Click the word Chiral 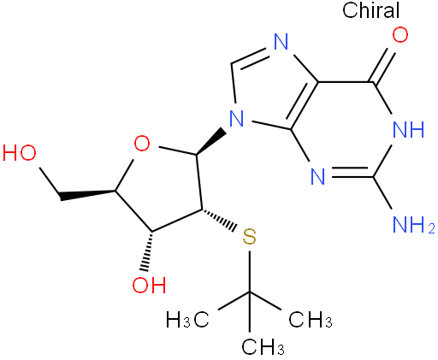point(371,10)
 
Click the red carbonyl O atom point(400,35)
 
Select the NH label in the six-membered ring point(408,129)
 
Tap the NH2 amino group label point(413,225)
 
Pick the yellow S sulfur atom point(249,237)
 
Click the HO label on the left point(20,153)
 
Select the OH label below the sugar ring point(149,285)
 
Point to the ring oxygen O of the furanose point(142,144)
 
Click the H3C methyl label point(187,320)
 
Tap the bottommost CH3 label point(263,346)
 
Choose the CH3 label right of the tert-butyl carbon point(311,320)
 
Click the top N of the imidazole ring point(281,42)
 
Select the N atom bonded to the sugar point(237,119)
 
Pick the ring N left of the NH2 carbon point(317,177)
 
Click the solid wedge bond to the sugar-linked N point(211,141)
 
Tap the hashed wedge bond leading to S point(219,221)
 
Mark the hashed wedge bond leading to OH point(149,251)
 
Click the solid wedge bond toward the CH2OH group point(87,194)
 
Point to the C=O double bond point(384,66)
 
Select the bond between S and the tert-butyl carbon point(250,272)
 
